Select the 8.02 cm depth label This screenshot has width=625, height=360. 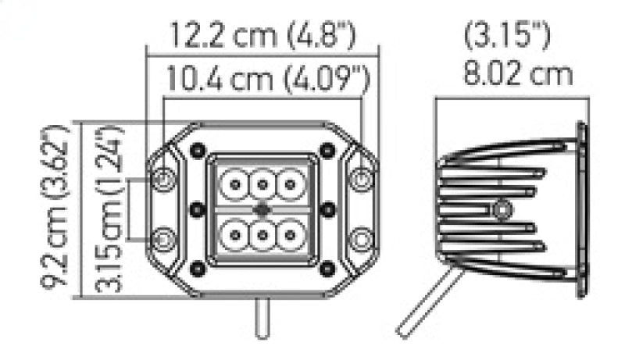pos(518,75)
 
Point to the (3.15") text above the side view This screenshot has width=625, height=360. pos(508,35)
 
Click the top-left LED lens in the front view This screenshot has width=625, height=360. pos(233,185)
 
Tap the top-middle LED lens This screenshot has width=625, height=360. pos(262,185)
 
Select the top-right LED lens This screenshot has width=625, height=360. pos(291,185)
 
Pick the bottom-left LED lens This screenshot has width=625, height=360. pos(233,233)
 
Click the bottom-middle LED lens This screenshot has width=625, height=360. pos(262,233)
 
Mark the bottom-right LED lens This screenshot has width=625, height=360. pos(291,233)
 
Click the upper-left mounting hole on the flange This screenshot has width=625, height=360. pos(163,180)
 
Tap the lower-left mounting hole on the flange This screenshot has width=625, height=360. pos(163,237)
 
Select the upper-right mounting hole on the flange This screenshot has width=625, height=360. pos(360,180)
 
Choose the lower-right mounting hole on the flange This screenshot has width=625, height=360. pos(360,237)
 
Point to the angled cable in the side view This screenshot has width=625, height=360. pos(426,305)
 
